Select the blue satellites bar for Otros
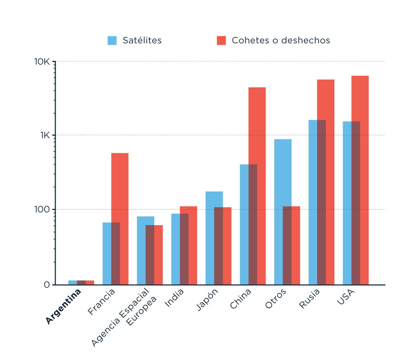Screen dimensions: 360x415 [x=279, y=173]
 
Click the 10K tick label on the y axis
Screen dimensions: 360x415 [x=42, y=62]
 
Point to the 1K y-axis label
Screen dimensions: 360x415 [x=45, y=135]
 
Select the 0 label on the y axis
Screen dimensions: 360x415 [x=47, y=285]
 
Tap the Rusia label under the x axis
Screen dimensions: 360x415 [x=310, y=298]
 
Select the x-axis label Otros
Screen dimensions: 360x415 [x=276, y=298]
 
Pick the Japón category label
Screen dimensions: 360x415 [x=207, y=299]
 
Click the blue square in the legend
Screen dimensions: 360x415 [x=112, y=40]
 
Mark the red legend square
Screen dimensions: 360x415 [x=221, y=40]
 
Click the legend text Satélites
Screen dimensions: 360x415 [x=142, y=40]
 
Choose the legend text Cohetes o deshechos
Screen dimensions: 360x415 [x=281, y=40]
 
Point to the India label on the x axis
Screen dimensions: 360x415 [x=174, y=298]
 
